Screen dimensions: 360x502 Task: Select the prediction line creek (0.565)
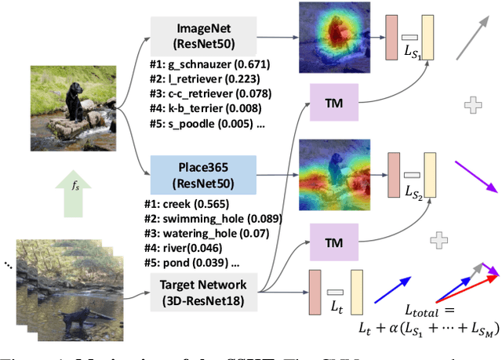[x=184, y=204]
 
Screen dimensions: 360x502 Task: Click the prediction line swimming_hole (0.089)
[x=208, y=219]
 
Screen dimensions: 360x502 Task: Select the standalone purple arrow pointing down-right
[x=475, y=175]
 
